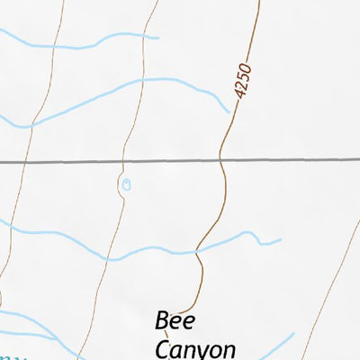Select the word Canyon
[195, 349]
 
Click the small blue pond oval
[126, 184]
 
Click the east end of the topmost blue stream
[157, 38]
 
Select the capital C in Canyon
[163, 349]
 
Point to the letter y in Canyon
[204, 352]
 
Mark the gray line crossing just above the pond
[123, 163]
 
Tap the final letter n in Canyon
[230, 350]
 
